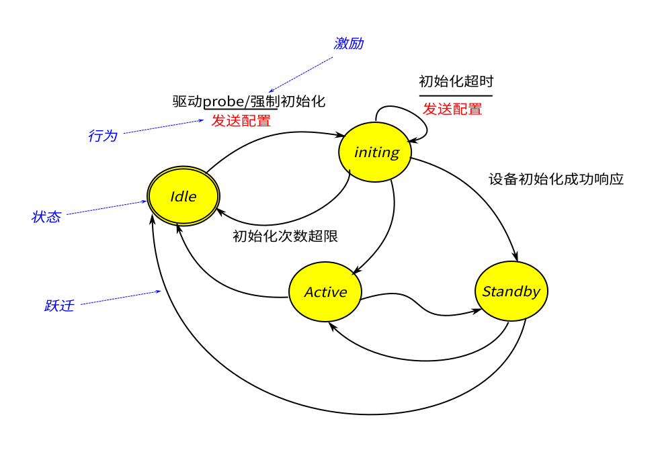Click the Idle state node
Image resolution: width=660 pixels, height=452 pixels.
[183, 196]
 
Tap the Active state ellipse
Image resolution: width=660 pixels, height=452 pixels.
[325, 292]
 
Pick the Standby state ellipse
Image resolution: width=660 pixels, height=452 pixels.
[511, 291]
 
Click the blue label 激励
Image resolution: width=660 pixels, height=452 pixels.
[348, 44]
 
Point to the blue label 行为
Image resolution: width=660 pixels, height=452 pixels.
[102, 136]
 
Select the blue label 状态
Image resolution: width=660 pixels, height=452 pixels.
[46, 217]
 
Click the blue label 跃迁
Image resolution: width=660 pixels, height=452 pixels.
[59, 306]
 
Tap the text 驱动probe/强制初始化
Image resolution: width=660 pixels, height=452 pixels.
[249, 101]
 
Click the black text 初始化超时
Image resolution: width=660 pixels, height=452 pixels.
[456, 81]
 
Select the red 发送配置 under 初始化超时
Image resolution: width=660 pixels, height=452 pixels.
[452, 109]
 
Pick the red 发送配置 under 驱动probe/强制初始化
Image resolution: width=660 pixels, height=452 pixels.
[241, 121]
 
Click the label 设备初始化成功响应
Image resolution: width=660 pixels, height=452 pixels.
[556, 179]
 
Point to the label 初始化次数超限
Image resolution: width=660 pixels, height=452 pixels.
[285, 236]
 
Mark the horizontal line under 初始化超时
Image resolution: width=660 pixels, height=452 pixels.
[456, 95]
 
